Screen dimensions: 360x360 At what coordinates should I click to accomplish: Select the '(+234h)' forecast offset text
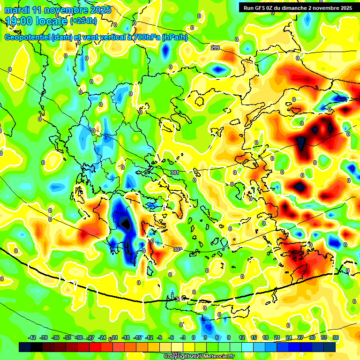tap(83, 21)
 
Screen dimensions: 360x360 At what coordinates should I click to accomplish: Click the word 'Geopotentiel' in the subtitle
tap(27, 37)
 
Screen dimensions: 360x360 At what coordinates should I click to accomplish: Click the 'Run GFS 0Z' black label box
tap(298, 8)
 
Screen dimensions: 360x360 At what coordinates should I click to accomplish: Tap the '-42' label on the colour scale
tap(32, 337)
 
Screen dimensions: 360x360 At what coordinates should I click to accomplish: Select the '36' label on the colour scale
tap(336, 337)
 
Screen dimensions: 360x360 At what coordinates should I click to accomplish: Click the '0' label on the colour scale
tap(194, 337)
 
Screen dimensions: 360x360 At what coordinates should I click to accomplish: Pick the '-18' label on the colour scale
tap(126, 337)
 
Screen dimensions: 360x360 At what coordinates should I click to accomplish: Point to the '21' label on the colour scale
tap(277, 337)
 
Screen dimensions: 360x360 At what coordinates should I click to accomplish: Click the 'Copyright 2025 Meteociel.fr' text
tap(199, 356)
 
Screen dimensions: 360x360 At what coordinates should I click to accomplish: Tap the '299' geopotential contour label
tap(215, 48)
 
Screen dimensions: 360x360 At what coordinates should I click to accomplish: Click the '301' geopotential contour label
tap(175, 172)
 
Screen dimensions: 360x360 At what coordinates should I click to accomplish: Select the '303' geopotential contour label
tap(177, 249)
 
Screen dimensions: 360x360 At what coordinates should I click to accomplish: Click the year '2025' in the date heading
tap(100, 10)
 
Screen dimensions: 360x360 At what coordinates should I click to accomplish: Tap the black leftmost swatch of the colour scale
tap(25, 347)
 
